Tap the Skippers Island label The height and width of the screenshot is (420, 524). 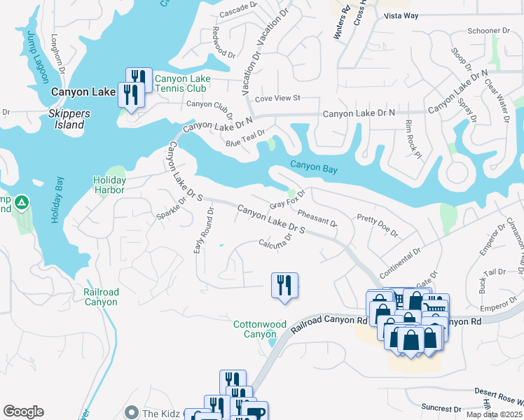click(67, 120)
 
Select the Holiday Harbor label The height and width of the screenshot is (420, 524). click(109, 185)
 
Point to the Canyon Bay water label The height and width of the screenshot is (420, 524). click(314, 167)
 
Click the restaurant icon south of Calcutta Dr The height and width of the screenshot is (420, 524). click(284, 286)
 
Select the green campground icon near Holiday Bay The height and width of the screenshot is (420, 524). click(22, 203)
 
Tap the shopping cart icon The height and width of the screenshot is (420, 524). click(435, 306)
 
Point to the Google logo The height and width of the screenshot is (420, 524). click(23, 412)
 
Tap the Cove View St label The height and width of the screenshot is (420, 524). click(277, 98)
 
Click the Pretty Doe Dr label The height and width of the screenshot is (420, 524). click(377, 225)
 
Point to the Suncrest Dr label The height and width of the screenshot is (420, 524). click(441, 407)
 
